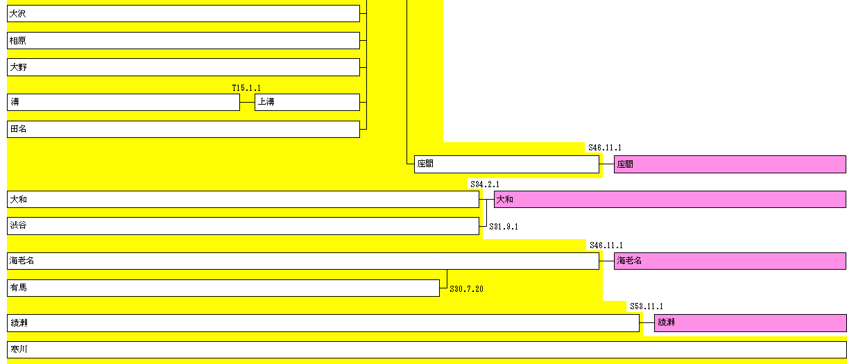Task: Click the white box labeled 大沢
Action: coord(183,14)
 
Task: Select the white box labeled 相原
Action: coord(183,41)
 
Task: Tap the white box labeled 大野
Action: coord(183,67)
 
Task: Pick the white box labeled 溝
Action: coord(123,102)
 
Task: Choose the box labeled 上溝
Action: coord(307,102)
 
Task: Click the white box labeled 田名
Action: coord(183,129)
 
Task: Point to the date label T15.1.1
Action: coord(246,88)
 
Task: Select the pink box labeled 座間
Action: coord(730,164)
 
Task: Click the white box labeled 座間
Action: coord(506,164)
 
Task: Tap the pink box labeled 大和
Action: coord(669,200)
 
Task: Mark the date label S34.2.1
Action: coord(485,184)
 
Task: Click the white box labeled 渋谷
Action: coord(243,226)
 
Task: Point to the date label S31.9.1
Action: coord(504,227)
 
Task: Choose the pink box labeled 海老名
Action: coord(730,261)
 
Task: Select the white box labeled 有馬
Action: coord(223,288)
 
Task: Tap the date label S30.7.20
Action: coord(466,288)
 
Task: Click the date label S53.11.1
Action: coord(647,306)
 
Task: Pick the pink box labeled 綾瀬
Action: coord(750,322)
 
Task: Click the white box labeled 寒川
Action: coord(427,349)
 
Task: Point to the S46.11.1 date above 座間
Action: coord(605,148)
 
